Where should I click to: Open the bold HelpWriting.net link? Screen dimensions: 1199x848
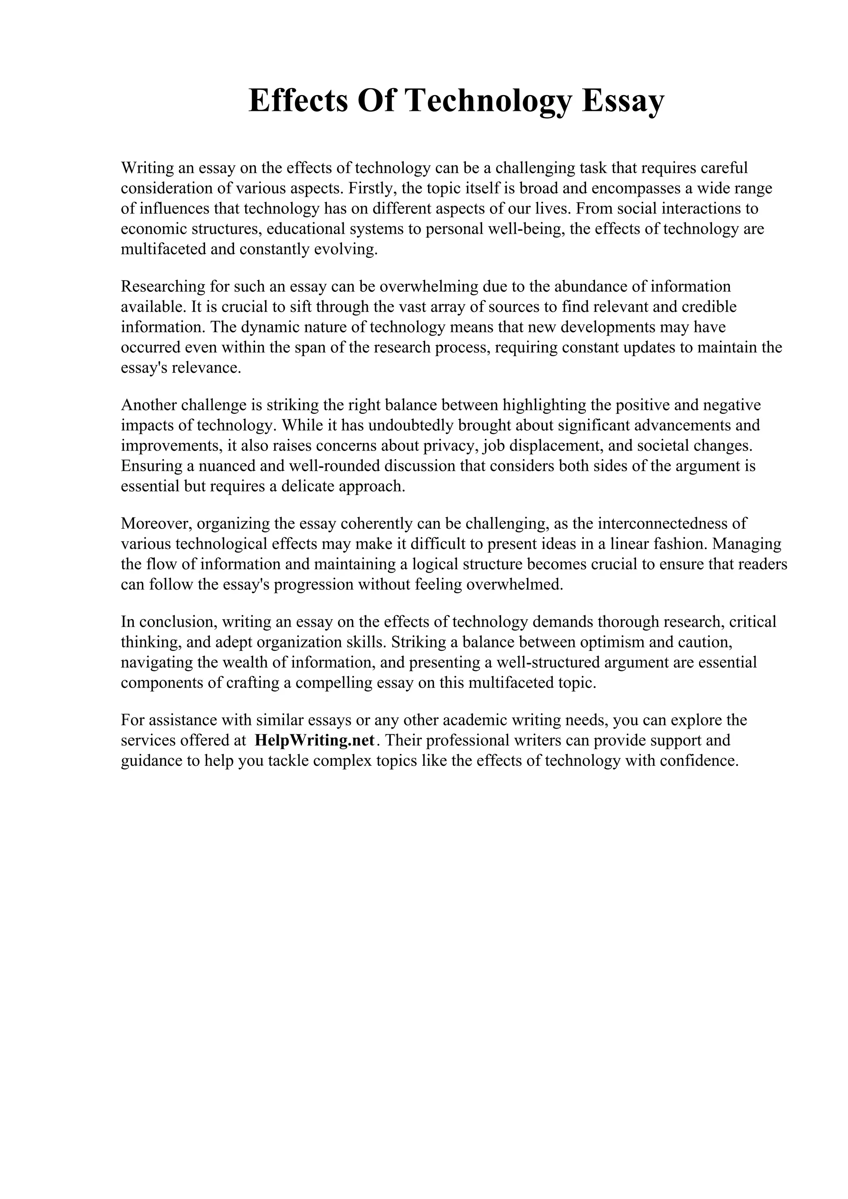[315, 741]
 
